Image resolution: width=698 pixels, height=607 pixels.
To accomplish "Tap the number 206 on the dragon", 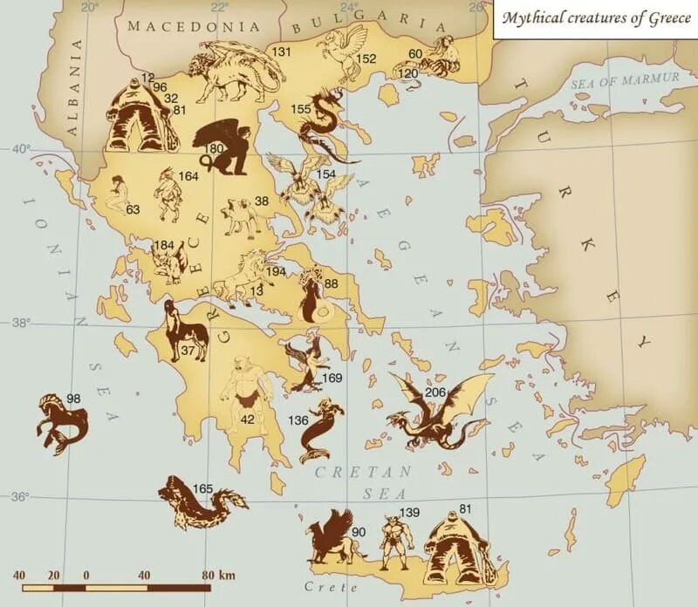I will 435,393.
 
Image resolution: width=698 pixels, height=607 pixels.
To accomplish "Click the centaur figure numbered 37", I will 186,332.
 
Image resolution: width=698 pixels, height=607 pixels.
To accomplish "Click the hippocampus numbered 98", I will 61,422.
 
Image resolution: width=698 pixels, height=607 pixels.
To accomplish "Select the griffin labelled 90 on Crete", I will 332,541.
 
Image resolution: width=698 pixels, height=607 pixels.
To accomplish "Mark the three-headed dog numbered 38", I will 241,217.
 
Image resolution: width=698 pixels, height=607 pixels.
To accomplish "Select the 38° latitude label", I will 19,322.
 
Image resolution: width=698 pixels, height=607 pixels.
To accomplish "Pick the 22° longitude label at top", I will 218,7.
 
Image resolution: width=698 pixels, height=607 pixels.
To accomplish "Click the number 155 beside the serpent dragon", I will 300,109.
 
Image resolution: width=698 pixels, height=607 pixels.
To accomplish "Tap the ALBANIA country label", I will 72,87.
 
